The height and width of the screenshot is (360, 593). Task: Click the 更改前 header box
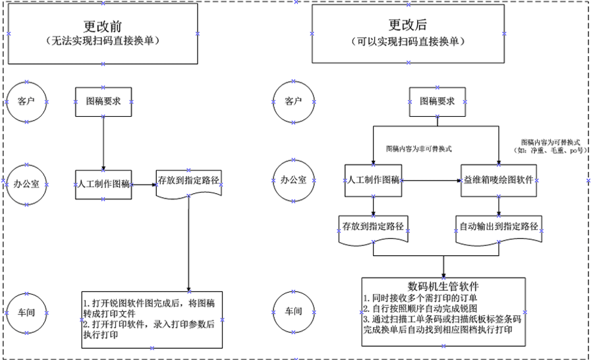(x=103, y=33)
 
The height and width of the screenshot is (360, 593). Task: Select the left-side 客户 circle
(x=26, y=102)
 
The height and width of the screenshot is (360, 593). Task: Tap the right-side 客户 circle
(x=293, y=102)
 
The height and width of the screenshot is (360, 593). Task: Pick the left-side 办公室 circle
(x=26, y=183)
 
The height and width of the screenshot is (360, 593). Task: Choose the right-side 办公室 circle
(x=293, y=180)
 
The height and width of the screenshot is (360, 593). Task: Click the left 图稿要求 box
(x=103, y=102)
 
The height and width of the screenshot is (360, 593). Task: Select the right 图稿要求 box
(x=438, y=102)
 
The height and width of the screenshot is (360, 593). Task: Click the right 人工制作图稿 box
(x=373, y=180)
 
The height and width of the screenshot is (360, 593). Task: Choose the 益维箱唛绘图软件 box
(x=497, y=180)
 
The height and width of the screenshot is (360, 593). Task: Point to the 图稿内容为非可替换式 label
(x=418, y=149)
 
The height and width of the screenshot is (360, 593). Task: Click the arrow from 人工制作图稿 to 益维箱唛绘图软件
(x=431, y=180)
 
